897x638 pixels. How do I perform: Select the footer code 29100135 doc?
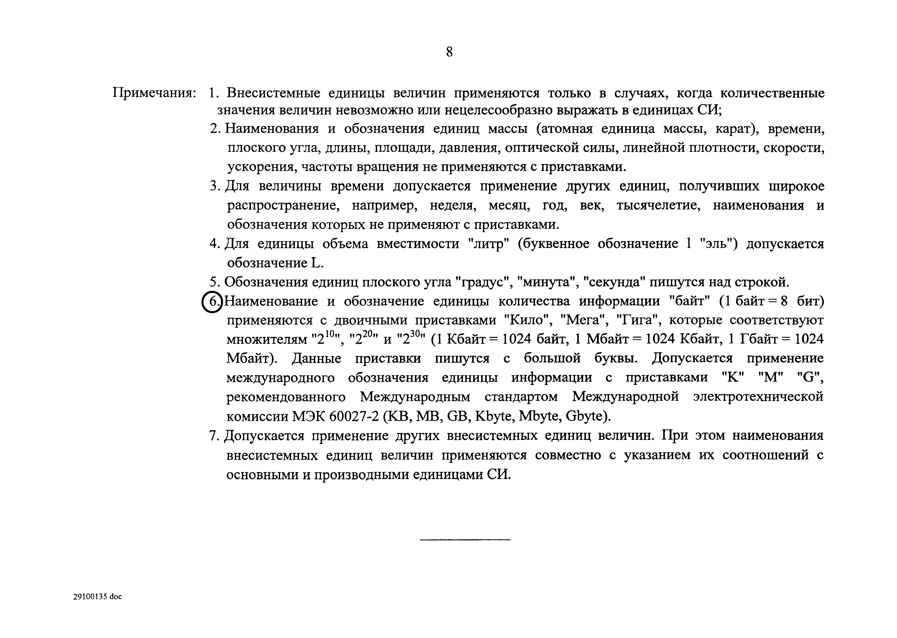pyautogui.click(x=97, y=596)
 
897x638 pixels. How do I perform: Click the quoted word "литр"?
pyautogui.click(x=489, y=244)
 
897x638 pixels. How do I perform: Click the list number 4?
pyautogui.click(x=213, y=244)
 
